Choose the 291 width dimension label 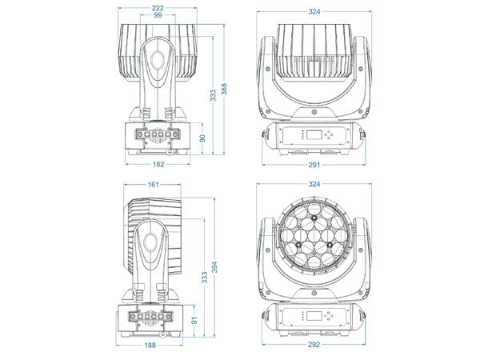(313, 166)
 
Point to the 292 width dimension (313, 348)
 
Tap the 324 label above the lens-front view (313, 185)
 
